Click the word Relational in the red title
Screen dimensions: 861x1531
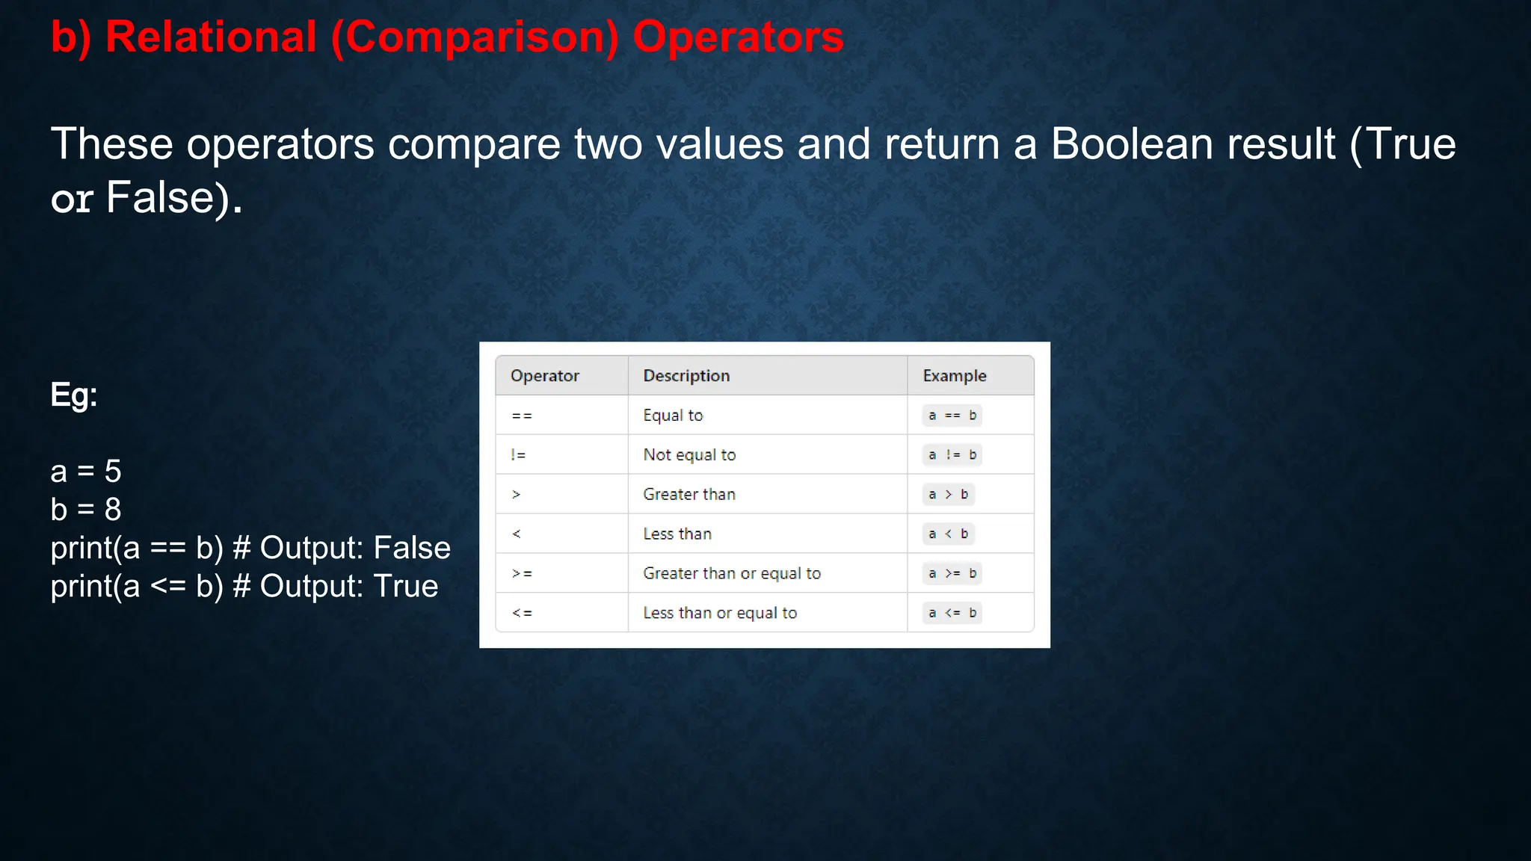point(211,37)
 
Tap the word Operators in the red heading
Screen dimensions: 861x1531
point(738,37)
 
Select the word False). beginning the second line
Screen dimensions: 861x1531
point(174,198)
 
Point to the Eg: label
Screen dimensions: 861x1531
point(74,395)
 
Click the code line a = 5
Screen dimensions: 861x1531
point(86,472)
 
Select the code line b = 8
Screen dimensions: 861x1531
point(86,510)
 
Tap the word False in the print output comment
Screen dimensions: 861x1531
point(412,548)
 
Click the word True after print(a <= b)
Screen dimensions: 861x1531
point(405,586)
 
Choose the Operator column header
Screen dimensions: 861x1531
point(544,376)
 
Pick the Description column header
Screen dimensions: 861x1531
point(686,376)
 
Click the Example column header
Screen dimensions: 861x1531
point(954,376)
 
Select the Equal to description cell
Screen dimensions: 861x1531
point(673,416)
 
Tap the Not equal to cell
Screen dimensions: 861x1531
point(689,455)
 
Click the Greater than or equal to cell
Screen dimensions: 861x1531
point(732,573)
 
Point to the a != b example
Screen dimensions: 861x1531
point(952,455)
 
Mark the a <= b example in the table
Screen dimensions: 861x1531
point(952,613)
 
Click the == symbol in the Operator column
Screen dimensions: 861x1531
point(522,416)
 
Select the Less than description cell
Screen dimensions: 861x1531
point(677,534)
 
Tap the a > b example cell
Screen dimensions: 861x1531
point(948,494)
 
